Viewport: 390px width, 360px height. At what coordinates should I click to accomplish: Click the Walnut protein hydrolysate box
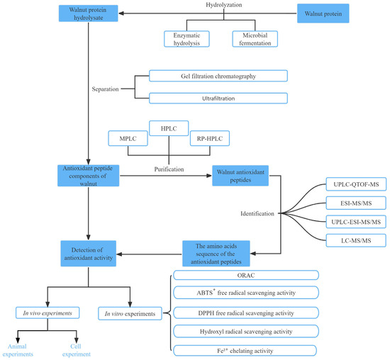[x=88, y=14]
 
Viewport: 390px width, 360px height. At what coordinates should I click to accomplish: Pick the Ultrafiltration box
[x=218, y=97]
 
